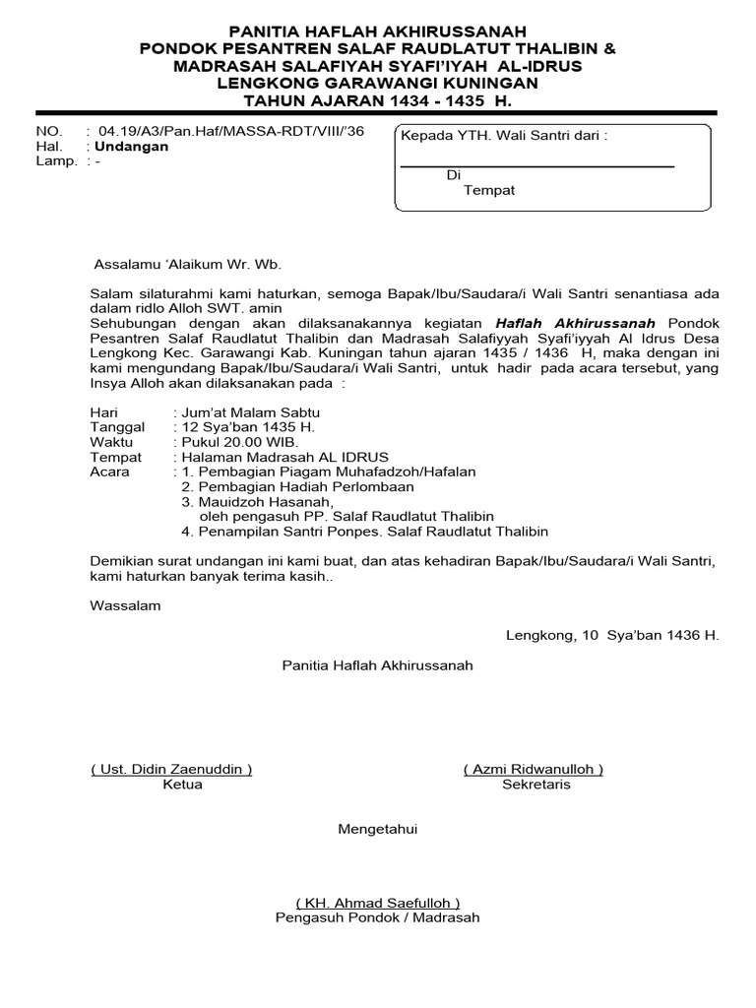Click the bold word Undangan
[x=131, y=147]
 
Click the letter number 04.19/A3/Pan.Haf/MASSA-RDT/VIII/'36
[x=223, y=132]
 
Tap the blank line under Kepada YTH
[x=536, y=166]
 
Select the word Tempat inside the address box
[x=489, y=190]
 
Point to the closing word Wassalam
[x=125, y=606]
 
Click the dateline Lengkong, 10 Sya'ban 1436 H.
[x=612, y=636]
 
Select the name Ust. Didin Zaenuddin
[x=171, y=769]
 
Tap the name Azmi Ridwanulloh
[x=534, y=769]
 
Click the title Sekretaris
[x=535, y=785]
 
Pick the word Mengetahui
[x=378, y=830]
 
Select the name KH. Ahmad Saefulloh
[x=378, y=903]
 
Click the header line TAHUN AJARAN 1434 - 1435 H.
[x=378, y=101]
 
